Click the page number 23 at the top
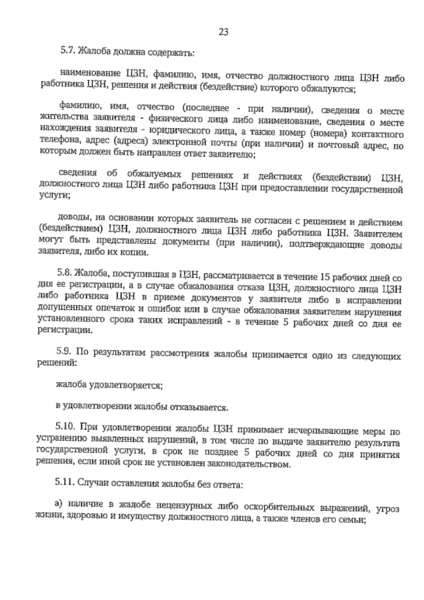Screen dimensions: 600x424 point(224,32)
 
